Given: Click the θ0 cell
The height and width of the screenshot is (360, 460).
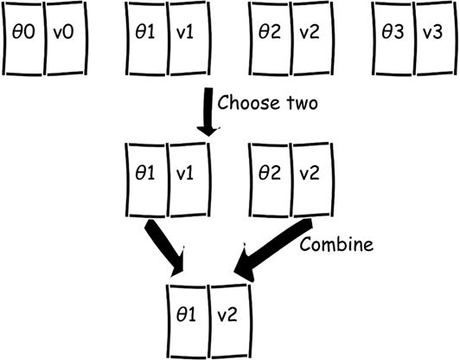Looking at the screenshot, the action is (23, 38).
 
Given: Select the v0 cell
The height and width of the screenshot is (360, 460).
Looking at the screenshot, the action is (66, 38).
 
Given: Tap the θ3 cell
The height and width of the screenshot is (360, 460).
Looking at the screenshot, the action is (393, 38).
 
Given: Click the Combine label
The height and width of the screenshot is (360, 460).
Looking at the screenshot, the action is (336, 245).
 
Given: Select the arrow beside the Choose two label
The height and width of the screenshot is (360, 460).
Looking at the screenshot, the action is (208, 112).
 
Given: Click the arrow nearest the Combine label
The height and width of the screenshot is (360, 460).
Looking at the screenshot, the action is (273, 250).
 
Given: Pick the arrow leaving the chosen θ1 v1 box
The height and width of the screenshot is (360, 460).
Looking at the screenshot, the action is (164, 247).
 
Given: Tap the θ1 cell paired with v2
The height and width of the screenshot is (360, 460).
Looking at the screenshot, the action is (187, 322).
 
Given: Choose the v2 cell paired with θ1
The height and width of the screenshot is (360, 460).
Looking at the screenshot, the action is (230, 322).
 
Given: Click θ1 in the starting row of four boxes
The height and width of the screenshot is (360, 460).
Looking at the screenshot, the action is (147, 38).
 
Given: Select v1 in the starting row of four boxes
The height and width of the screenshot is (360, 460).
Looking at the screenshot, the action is (189, 38).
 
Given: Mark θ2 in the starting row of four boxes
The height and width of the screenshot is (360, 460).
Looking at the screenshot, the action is (270, 38).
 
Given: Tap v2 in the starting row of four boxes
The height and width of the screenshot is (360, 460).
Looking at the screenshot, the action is (312, 38).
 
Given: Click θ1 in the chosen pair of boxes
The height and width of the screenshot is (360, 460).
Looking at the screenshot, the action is (147, 180).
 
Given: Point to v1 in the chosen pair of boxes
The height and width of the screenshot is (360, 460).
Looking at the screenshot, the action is (189, 180).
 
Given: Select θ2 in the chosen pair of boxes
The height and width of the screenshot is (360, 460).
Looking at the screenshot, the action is (270, 180).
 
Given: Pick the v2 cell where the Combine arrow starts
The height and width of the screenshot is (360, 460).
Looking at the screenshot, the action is (312, 180).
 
